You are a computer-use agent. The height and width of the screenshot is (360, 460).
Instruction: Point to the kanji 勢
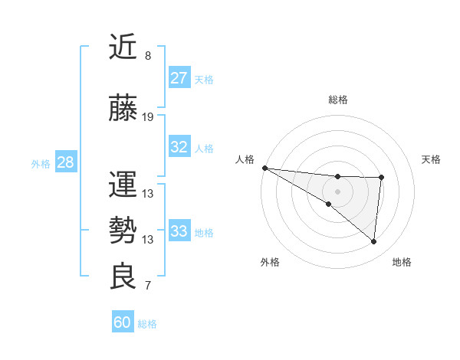tap(123, 231)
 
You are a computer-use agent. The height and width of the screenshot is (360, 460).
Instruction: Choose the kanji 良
tap(123, 277)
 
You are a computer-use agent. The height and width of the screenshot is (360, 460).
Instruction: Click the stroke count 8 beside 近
tap(148, 56)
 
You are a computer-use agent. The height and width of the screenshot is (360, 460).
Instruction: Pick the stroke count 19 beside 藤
tap(148, 117)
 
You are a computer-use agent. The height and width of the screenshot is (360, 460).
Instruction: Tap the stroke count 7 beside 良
tap(148, 286)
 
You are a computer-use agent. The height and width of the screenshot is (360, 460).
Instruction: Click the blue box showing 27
tap(179, 77)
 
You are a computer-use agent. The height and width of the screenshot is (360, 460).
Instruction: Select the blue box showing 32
tap(179, 147)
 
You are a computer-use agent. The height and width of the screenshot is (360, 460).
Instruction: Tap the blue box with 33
tap(179, 231)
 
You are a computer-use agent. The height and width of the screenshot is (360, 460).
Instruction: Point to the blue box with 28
tap(65, 162)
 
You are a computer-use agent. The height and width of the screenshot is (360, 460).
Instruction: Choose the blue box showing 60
tap(122, 322)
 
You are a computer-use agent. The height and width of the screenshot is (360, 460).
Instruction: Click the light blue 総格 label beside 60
tap(148, 324)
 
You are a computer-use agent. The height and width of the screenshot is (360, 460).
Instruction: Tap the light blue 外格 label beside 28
tap(41, 163)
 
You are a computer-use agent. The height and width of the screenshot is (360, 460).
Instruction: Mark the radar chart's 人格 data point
tap(264, 168)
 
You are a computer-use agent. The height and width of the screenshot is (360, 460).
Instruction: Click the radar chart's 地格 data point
tap(374, 242)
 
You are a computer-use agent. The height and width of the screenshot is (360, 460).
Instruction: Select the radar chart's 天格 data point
tap(381, 178)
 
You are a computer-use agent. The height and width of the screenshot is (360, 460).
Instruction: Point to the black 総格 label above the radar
tap(338, 100)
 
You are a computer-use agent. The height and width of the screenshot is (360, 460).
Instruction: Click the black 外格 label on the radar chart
tap(270, 262)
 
